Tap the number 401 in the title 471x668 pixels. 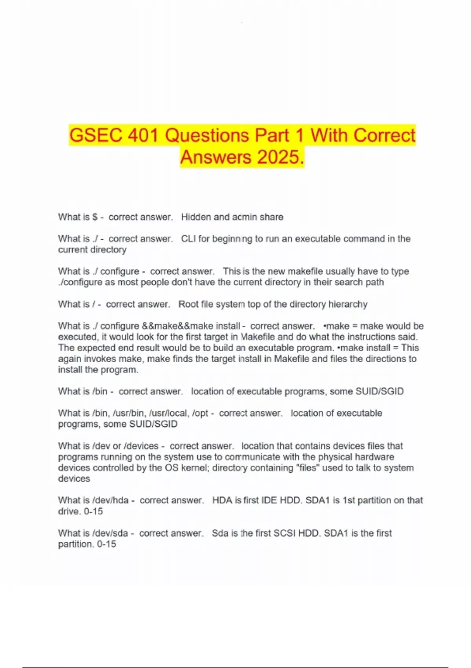tap(143, 136)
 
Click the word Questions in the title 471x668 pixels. tap(207, 136)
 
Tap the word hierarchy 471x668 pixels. tap(348, 304)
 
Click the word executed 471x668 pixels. tap(77, 337)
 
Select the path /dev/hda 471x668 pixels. tap(110, 501)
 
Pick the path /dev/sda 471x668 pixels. tap(110, 533)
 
